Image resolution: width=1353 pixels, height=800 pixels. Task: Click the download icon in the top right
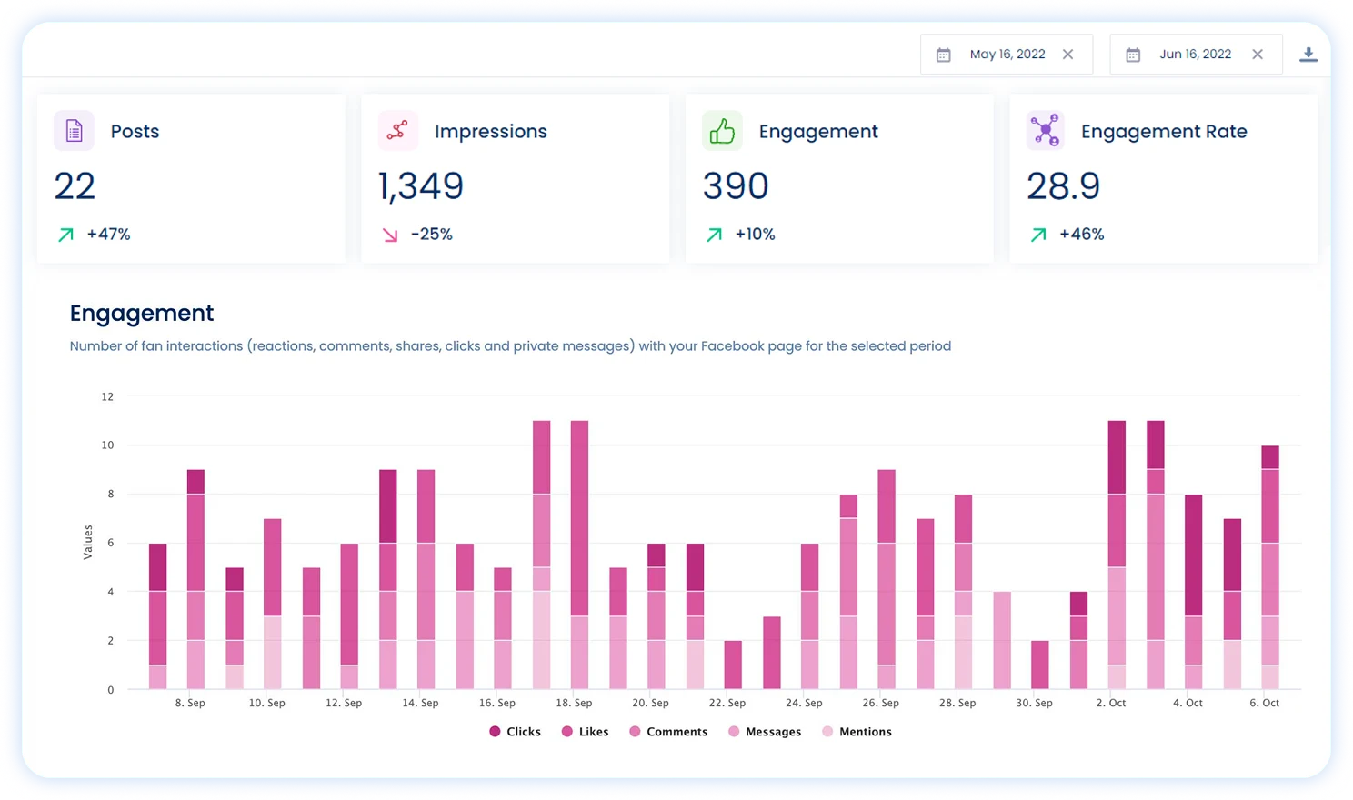[1308, 55]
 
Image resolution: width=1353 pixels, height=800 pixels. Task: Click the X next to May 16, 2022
[1067, 55]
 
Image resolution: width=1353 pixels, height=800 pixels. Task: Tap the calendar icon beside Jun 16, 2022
[1133, 55]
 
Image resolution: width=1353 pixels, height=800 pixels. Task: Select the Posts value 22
[75, 186]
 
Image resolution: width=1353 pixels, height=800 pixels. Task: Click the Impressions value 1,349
[421, 186]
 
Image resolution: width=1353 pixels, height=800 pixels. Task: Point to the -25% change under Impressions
[431, 235]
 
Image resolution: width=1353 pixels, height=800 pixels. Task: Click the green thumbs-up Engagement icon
[722, 131]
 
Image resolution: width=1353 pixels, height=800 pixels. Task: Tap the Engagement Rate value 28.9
[1063, 186]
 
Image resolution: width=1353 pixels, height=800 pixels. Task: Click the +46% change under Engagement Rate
[1081, 235]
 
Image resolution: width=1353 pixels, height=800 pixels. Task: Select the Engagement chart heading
[142, 314]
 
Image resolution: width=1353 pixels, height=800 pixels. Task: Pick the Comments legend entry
[668, 732]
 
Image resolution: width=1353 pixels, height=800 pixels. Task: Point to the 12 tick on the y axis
[107, 396]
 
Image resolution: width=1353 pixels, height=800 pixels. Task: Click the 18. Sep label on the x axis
[574, 703]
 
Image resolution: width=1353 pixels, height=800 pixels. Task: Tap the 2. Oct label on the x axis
[1110, 703]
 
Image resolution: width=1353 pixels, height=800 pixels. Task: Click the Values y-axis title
[88, 542]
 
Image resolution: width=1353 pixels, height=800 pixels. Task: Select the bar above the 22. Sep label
[733, 665]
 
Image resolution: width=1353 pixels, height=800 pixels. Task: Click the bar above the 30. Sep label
[1039, 665]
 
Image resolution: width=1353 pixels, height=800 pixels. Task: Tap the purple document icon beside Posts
[74, 131]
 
